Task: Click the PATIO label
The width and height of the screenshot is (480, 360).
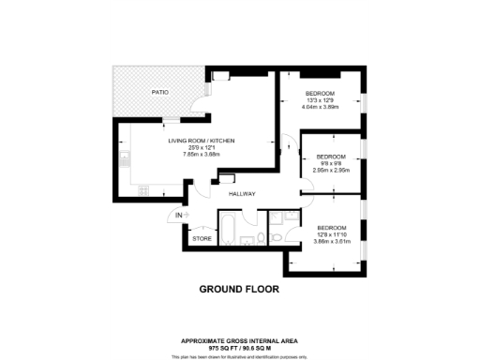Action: [160, 92]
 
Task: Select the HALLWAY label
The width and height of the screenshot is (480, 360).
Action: [242, 193]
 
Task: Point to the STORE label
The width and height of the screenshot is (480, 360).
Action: [202, 240]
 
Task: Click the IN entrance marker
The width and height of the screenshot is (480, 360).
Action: [178, 217]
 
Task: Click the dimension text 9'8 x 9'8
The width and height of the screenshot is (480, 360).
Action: [330, 163]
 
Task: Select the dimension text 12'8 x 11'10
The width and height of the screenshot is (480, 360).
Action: [331, 235]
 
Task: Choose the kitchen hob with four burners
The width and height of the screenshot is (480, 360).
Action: [144, 190]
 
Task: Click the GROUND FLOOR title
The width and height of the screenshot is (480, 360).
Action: [239, 290]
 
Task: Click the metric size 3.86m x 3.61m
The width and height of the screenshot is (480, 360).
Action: [331, 242]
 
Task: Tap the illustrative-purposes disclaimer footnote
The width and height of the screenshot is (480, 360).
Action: [240, 355]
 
